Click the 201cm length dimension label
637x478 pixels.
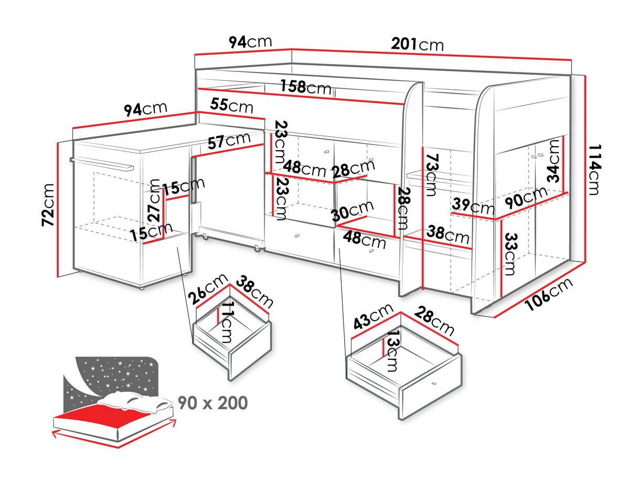(x=417, y=44)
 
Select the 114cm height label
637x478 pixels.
(x=593, y=169)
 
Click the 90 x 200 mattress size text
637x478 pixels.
(x=212, y=403)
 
